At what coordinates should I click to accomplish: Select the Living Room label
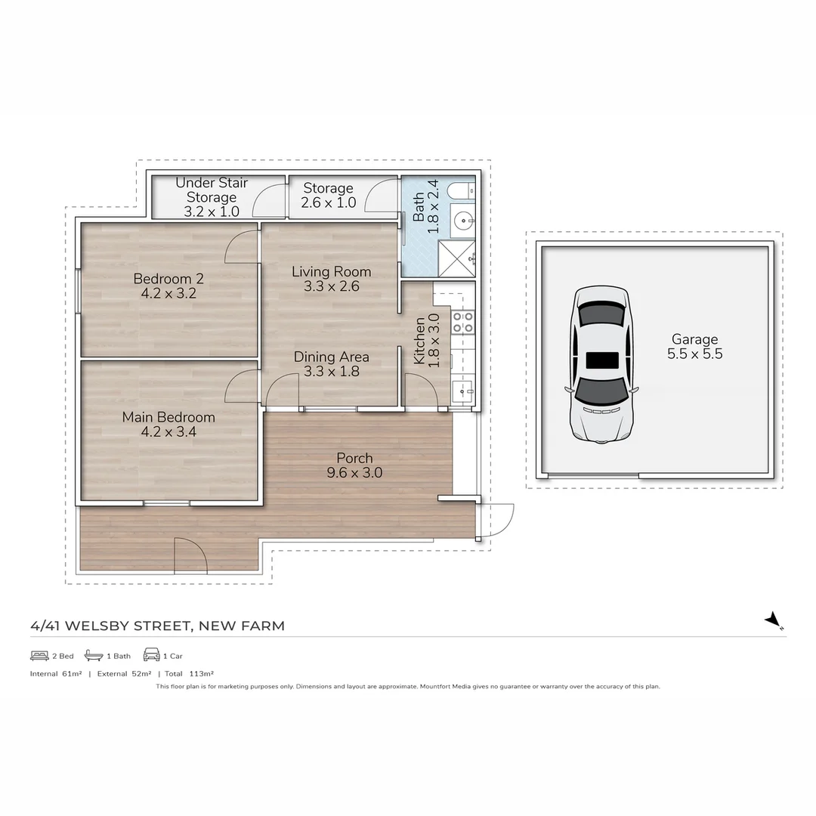coord(331,279)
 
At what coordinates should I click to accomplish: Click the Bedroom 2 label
coord(168,286)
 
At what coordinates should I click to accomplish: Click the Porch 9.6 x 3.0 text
coord(354,465)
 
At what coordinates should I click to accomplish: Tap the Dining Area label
coord(331,363)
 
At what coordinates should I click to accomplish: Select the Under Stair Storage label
coord(212,197)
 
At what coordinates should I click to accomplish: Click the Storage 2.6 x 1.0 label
coord(328,195)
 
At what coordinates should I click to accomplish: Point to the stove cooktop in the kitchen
coord(462,322)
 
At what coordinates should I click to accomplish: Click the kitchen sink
coord(462,391)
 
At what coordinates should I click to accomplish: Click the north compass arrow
coord(773,620)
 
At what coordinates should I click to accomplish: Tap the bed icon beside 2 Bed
coord(39,655)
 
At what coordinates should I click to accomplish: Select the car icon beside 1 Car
coord(151,655)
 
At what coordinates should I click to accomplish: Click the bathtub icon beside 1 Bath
coord(94,655)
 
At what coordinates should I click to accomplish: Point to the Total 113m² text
coord(189,673)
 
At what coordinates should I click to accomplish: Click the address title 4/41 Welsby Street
coord(157,626)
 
